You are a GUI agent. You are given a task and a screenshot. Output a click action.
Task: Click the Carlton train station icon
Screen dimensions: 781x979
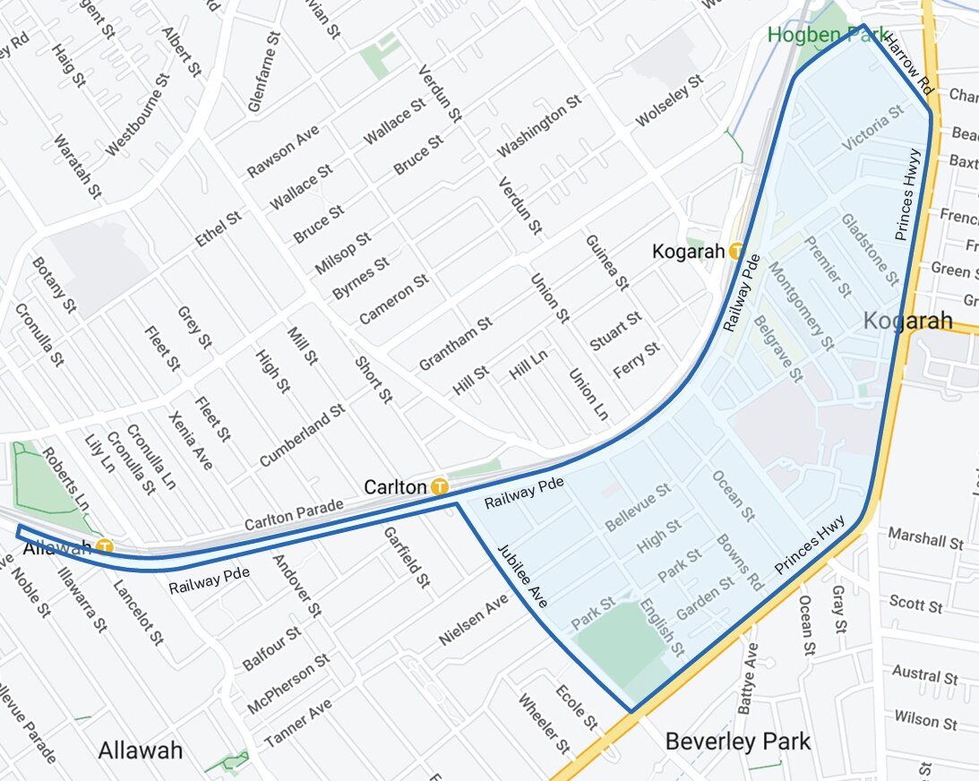(439, 487)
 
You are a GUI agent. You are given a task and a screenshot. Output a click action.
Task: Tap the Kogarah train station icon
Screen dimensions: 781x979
(736, 252)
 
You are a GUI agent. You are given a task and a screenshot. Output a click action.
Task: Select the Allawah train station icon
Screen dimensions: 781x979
(106, 545)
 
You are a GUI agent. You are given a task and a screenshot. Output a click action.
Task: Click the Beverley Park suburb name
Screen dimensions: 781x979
(737, 742)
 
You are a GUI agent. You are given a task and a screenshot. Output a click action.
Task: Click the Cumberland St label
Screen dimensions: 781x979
(302, 435)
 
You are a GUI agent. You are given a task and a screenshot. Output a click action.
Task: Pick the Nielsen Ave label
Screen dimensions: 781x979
(474, 623)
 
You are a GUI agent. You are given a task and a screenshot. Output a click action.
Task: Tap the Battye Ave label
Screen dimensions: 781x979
(748, 678)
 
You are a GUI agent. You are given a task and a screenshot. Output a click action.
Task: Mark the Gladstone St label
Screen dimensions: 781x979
(870, 249)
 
